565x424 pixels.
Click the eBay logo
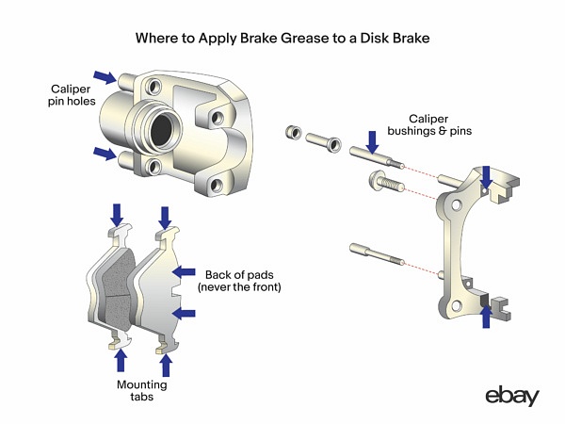[512, 396]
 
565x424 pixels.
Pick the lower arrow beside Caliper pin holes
[105, 153]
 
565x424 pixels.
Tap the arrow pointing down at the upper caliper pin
[373, 141]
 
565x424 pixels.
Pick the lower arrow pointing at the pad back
[186, 312]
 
